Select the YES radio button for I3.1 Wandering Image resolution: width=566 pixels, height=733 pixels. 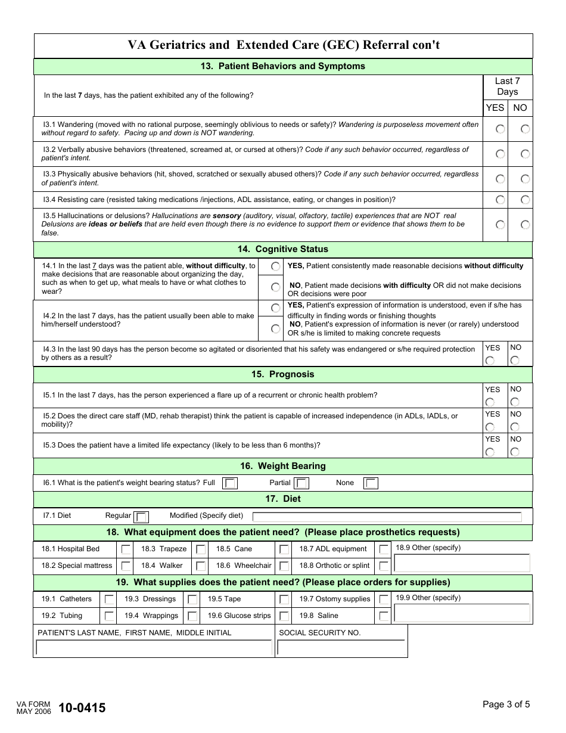(500, 129)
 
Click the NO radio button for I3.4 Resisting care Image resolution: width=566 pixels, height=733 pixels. (525, 200)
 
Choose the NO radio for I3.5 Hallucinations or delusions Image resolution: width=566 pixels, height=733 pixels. (525, 225)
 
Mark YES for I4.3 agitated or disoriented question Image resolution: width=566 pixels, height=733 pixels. (490, 360)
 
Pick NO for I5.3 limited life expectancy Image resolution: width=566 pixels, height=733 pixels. (515, 452)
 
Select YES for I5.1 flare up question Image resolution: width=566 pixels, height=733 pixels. (490, 402)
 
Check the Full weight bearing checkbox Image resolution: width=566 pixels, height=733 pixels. (230, 483)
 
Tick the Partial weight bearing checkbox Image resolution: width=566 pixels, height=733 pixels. (302, 483)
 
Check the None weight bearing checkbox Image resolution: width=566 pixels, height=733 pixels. (371, 483)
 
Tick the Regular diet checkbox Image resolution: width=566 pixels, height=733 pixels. (141, 517)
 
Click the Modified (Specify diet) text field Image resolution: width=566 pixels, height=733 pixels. (387, 517)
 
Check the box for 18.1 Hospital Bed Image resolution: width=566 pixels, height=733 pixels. (126, 549)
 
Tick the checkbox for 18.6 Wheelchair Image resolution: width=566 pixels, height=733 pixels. (284, 566)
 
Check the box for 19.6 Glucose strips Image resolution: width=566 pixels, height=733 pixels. (284, 616)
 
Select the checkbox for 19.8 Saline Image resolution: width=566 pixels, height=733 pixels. (384, 616)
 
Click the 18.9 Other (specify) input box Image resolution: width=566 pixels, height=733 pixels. (462, 563)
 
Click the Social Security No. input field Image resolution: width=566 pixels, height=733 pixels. (341, 648)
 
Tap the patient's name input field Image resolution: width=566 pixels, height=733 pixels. (154, 648)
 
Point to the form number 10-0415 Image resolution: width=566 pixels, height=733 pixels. (82, 708)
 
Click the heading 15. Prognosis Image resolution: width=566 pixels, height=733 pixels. (283, 374)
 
